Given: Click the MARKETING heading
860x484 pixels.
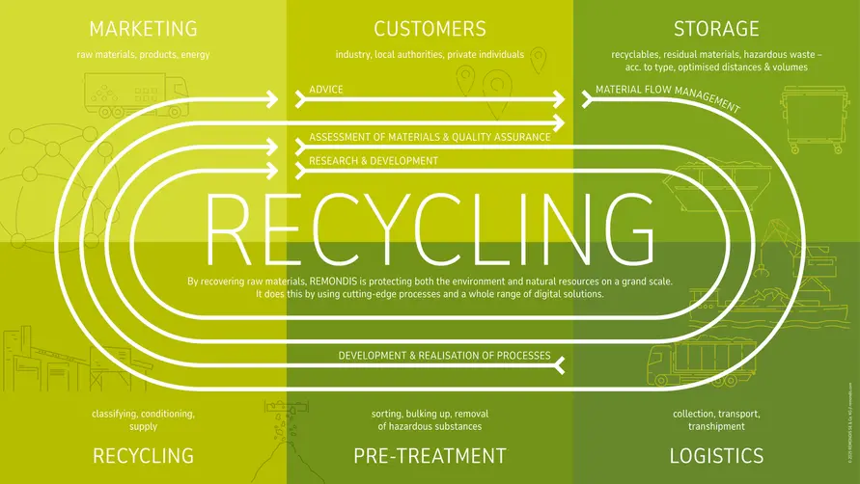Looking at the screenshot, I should (143, 28).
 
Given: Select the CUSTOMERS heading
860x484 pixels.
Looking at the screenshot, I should (430, 28).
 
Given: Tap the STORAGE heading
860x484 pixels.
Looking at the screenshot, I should (716, 28).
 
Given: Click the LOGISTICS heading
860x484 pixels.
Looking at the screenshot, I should (717, 455).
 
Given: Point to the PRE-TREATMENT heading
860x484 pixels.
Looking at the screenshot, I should (430, 455).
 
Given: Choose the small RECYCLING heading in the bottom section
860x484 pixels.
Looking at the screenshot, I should (143, 455).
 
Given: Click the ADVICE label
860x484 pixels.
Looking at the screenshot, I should (326, 90).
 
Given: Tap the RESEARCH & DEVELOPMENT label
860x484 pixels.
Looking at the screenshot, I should (374, 160).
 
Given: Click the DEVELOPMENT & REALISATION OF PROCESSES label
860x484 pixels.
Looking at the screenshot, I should (444, 356).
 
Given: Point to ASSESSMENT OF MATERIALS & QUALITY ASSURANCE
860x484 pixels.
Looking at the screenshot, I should (430, 137).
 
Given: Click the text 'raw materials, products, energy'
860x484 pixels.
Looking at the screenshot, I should (143, 55).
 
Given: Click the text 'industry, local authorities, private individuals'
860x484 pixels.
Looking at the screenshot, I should (430, 55).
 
